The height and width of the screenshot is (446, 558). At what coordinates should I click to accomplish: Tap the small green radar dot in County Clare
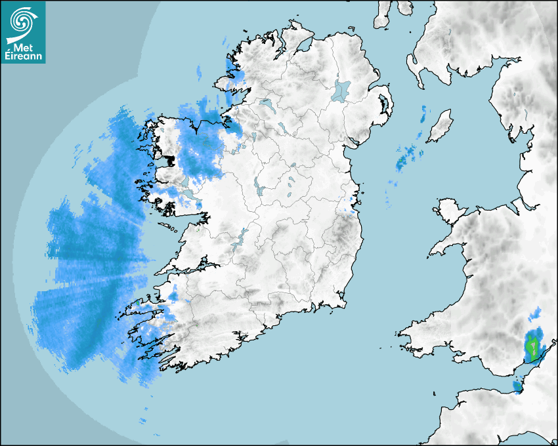198,230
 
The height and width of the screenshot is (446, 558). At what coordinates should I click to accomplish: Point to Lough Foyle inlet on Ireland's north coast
303,46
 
